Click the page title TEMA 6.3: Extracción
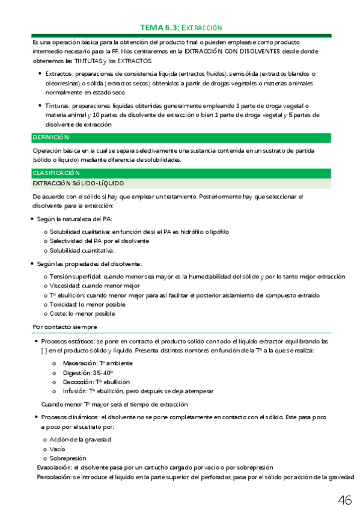click(x=180, y=28)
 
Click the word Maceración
click(x=81, y=363)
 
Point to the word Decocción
click(x=79, y=382)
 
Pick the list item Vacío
click(x=58, y=449)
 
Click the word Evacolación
click(x=54, y=467)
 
